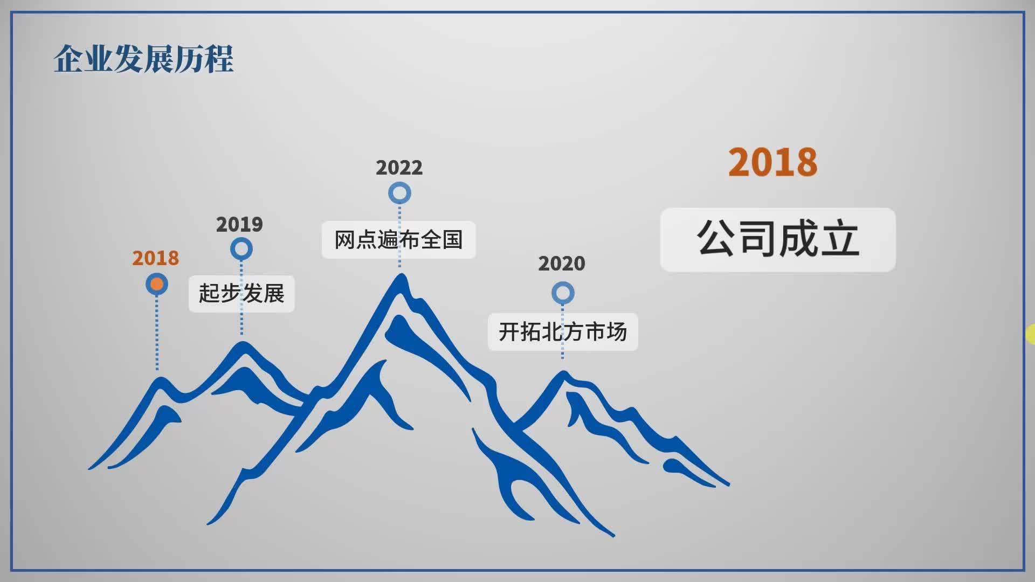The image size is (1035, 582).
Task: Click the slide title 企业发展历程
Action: tap(143, 59)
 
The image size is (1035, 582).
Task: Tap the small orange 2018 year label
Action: tap(155, 258)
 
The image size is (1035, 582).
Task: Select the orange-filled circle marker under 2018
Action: tap(157, 284)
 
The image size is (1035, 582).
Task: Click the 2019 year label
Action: tap(239, 224)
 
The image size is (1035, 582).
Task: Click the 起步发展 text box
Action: tap(241, 294)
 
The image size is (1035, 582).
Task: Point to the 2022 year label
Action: tap(399, 168)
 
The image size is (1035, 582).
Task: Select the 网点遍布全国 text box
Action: tap(398, 240)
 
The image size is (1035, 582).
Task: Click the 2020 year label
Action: tap(562, 264)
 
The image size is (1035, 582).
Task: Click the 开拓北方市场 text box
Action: tap(563, 332)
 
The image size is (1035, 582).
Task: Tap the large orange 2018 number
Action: tap(772, 162)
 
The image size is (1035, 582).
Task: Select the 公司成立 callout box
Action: tap(778, 240)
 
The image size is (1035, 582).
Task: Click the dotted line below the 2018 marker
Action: tap(157, 332)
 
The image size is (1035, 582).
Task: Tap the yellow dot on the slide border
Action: tap(1031, 334)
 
